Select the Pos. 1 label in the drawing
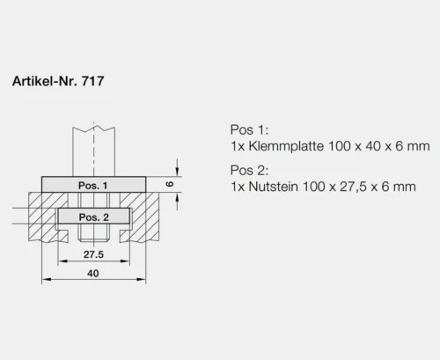(94, 186)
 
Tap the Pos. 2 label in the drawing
(94, 217)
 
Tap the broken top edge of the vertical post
(94, 130)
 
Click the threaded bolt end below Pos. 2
(94, 234)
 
